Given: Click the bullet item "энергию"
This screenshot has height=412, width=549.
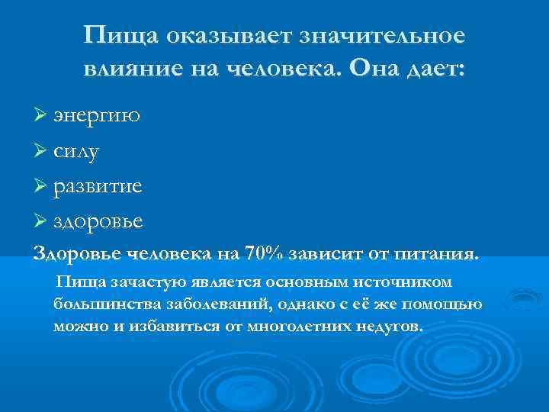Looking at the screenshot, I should (96, 117).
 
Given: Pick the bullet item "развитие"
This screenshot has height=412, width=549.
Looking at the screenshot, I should (98, 186).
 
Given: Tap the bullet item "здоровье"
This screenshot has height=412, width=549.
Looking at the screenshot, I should (98, 221).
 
